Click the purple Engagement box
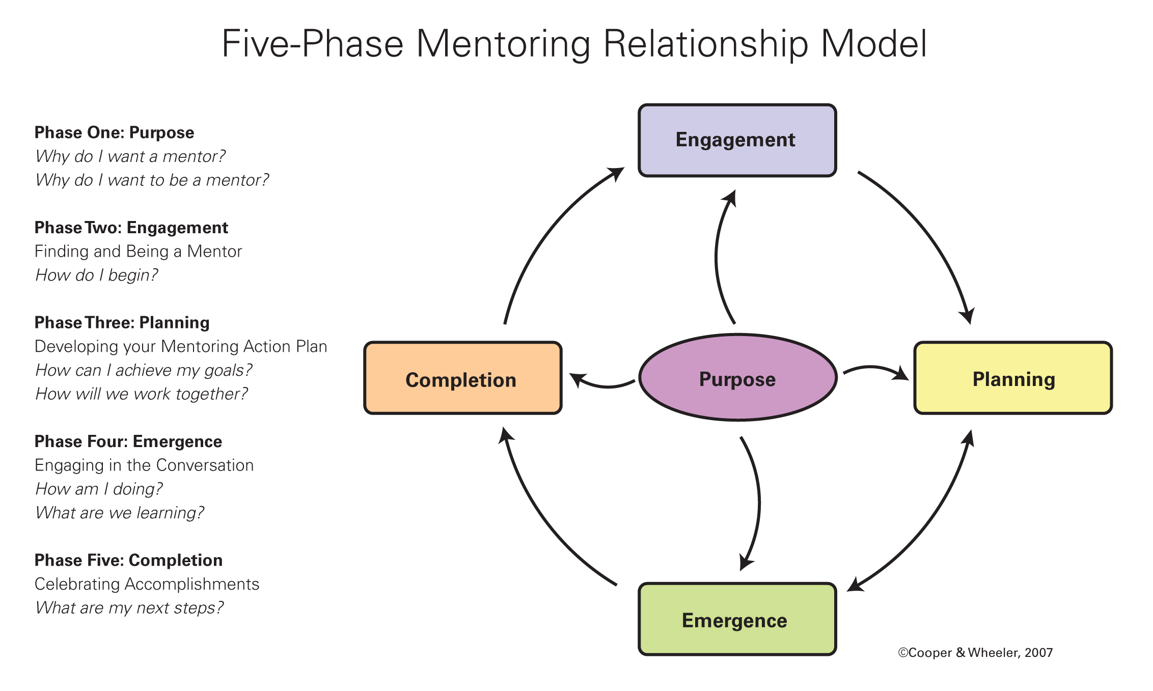737,140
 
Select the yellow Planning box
1013,378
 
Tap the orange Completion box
462,378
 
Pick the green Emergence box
737,619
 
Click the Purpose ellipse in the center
737,378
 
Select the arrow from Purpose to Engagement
717,257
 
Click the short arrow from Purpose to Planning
873,368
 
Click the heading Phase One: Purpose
114,132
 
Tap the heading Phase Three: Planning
122,322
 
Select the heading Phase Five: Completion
128,560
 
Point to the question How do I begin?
96,275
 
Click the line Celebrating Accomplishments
147,584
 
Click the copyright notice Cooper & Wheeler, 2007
975,653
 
